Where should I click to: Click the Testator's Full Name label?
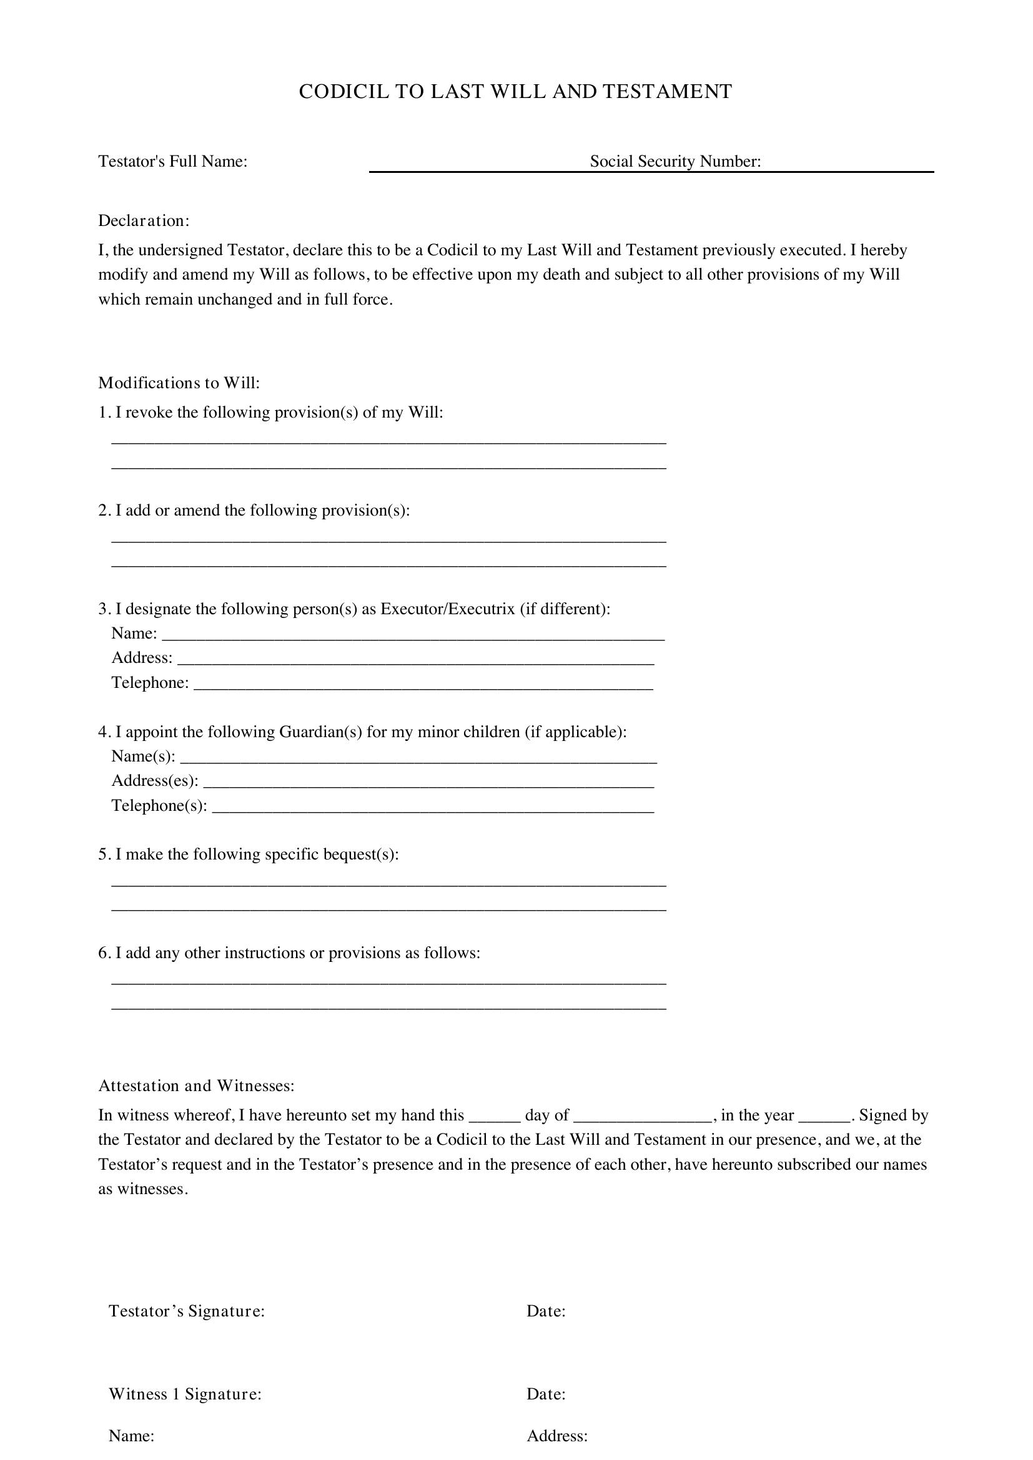172,162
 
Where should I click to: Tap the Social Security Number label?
675,162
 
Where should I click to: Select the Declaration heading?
144,220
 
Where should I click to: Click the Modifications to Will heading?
179,383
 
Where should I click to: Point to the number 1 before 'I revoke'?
104,413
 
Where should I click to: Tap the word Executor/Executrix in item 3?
447,609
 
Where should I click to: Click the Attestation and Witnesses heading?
196,1085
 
